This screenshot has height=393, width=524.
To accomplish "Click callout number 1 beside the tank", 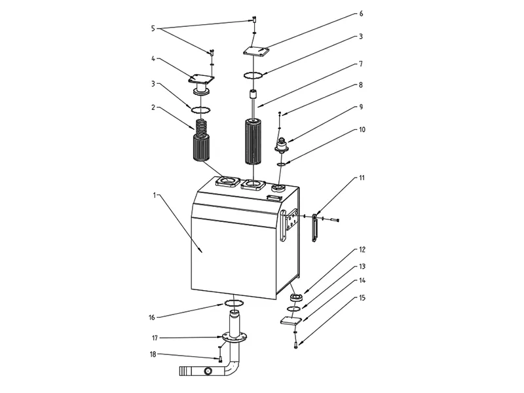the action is click(x=155, y=195).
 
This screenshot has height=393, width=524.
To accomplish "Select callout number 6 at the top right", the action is click(x=361, y=14).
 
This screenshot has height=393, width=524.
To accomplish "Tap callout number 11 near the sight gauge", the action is click(x=362, y=178).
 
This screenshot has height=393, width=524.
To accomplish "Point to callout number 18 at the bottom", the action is click(x=153, y=354).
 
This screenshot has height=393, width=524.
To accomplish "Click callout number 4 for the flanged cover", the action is click(x=153, y=59).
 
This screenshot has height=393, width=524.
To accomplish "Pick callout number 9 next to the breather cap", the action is click(x=361, y=107).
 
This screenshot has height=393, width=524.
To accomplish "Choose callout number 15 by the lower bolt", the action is click(x=362, y=298).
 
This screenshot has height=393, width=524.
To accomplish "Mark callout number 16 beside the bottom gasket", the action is click(x=152, y=318).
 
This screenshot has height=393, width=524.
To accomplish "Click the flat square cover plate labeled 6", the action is click(x=256, y=51).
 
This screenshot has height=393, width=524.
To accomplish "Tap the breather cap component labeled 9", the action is click(x=280, y=145).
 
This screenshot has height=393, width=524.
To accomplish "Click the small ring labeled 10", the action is click(x=282, y=164).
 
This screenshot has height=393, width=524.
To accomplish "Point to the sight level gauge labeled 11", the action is click(x=314, y=228).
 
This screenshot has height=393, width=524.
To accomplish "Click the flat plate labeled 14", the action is click(x=291, y=321).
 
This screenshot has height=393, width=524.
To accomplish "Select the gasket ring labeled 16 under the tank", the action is click(x=234, y=303).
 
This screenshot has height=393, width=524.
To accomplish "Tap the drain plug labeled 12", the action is click(x=296, y=297).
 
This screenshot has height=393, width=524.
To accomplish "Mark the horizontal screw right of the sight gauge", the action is click(x=334, y=219).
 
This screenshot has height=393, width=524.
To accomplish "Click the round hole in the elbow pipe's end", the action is click(x=208, y=371).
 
